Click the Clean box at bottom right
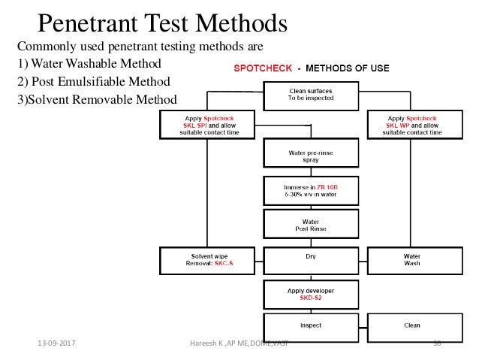[x=412, y=326]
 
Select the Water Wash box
[x=412, y=259]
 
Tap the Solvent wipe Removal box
[x=208, y=259]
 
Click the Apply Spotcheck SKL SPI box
[x=208, y=125]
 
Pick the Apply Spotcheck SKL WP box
[x=412, y=125]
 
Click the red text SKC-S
[x=223, y=264]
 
